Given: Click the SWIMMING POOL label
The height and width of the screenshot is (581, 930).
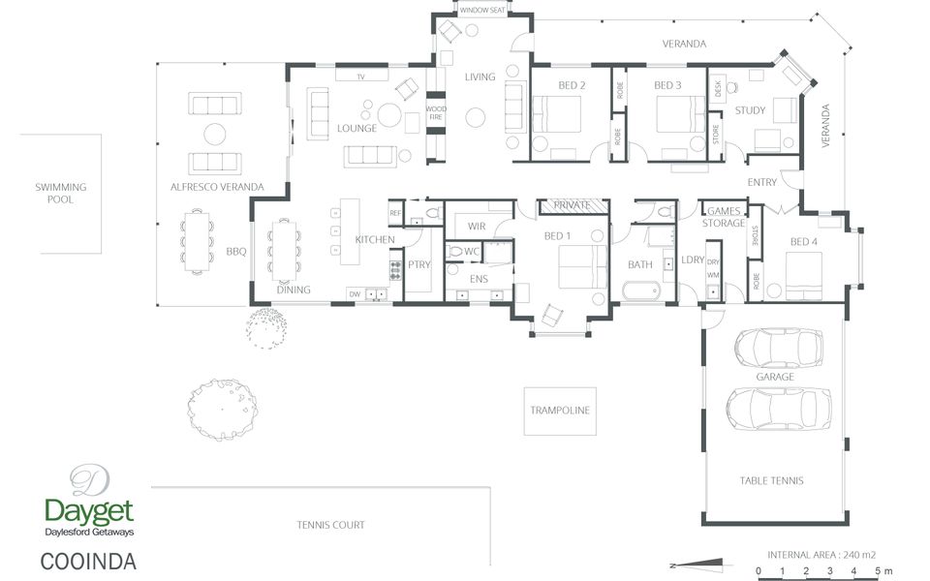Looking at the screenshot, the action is click(60, 194).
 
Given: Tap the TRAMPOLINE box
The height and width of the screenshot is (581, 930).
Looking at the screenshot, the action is click(560, 411).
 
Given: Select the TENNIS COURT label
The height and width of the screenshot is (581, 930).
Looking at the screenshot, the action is click(330, 525).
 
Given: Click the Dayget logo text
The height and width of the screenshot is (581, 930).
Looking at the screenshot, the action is click(89, 511).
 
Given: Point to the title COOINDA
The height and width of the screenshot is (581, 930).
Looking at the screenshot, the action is click(88, 562).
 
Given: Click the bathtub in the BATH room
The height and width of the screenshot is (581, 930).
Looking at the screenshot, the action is click(641, 291).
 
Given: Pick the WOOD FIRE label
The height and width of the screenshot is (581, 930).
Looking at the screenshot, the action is click(436, 112).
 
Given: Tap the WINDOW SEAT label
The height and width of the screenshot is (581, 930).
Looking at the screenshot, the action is click(482, 10).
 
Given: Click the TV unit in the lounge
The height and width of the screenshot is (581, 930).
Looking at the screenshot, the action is click(361, 76).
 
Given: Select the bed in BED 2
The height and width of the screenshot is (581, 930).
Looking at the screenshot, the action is click(557, 114).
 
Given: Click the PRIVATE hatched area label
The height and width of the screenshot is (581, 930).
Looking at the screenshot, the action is click(573, 205).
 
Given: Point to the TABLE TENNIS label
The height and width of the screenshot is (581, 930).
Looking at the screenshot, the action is click(771, 481).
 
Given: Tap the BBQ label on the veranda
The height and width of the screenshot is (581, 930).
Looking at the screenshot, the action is click(236, 252).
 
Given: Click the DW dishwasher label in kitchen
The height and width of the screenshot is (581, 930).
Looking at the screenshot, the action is click(355, 294).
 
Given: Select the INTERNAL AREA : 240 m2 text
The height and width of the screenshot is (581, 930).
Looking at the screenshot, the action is click(821, 555).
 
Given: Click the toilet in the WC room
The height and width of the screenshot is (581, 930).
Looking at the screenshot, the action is click(455, 252).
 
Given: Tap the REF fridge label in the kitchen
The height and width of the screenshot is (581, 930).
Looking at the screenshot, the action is click(395, 213).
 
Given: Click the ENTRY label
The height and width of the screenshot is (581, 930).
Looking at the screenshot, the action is click(761, 182).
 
